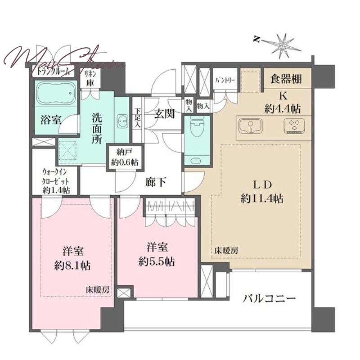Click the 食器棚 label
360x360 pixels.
pos(285,79)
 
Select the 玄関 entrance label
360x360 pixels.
pos(164,113)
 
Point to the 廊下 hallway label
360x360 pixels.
pos(156,182)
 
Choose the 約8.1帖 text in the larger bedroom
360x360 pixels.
pos(72,265)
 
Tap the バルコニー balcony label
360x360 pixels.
pos(270,298)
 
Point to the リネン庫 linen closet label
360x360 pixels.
pos(91,79)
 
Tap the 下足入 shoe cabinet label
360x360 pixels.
pos(137,118)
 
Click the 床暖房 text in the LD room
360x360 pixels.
pos(225,252)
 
